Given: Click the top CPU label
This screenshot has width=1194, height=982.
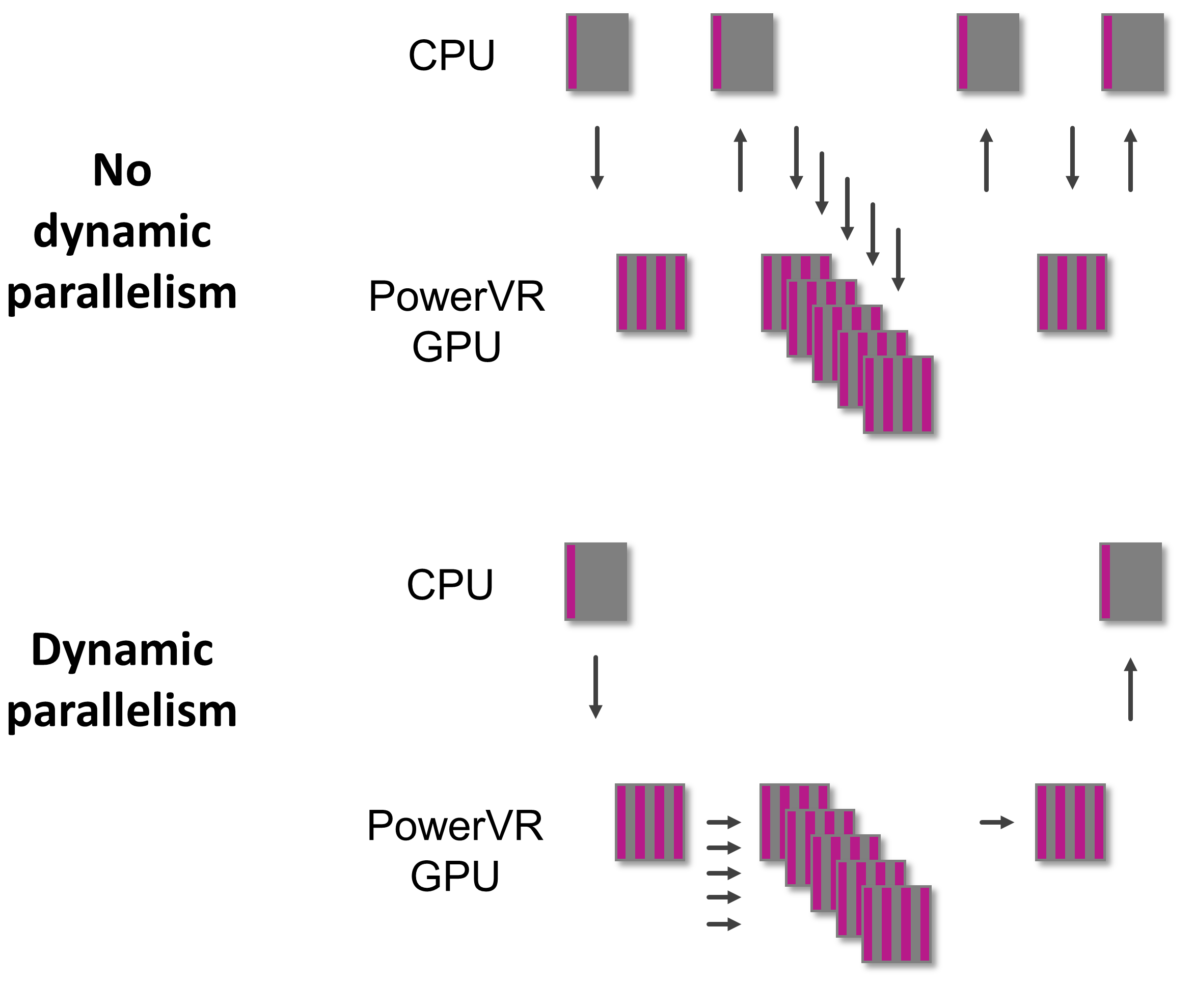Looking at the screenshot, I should tap(451, 56).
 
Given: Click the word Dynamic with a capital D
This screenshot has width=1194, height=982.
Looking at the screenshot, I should tap(122, 649).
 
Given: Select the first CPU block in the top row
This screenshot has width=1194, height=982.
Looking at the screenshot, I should tap(598, 52).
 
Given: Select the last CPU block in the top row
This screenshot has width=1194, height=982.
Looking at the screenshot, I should tap(1132, 52).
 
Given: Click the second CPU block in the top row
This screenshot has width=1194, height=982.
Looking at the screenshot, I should tap(742, 52).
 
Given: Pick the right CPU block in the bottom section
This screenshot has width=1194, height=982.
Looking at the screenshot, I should tap(1130, 582).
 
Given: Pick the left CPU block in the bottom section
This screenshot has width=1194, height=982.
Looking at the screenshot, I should tap(595, 582).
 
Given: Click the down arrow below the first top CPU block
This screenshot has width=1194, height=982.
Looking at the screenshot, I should tap(598, 158).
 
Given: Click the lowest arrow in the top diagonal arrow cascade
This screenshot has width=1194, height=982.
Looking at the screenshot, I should tap(898, 260).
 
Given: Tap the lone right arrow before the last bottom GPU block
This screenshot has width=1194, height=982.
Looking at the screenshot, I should tap(996, 823).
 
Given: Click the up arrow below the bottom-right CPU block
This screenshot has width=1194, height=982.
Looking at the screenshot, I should tap(1130, 689).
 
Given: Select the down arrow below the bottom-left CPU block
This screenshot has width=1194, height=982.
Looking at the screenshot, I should tap(595, 687).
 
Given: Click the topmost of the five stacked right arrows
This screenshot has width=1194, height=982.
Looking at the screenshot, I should tap(723, 823).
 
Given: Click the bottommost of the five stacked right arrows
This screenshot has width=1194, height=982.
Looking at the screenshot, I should tap(723, 924).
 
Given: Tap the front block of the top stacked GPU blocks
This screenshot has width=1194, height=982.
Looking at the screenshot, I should tap(898, 395).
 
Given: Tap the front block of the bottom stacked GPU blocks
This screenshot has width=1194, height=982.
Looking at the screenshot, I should tap(897, 924).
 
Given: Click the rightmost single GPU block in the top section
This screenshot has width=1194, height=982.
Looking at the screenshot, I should tap(1072, 292).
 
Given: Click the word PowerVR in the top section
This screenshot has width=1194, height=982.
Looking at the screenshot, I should tap(456, 296).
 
